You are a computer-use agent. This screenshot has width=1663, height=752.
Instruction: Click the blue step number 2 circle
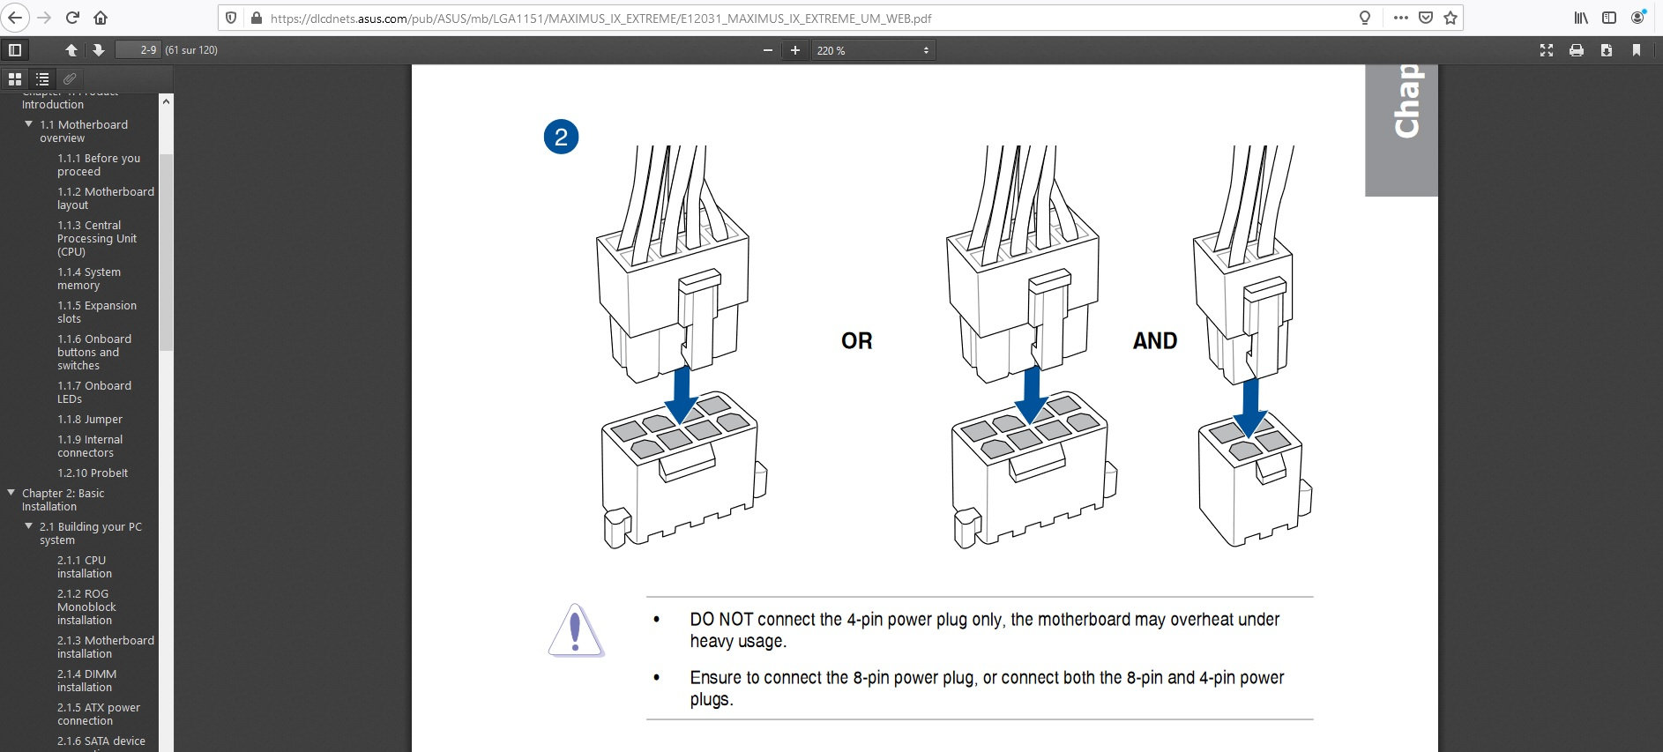(x=561, y=137)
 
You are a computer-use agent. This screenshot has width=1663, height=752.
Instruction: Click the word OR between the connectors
(x=856, y=341)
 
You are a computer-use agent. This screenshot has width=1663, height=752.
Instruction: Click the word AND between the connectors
(x=1155, y=341)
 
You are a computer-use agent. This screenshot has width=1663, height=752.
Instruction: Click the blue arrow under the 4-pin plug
(x=1249, y=408)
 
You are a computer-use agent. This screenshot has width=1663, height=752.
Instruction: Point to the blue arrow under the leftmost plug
(x=682, y=396)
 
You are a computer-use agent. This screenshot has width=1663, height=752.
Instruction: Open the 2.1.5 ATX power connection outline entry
(x=99, y=714)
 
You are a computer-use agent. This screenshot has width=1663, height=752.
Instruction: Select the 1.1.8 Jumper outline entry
(x=90, y=420)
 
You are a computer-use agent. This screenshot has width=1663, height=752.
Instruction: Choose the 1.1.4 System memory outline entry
(x=89, y=279)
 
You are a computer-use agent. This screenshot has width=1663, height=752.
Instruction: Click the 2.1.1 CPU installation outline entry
(x=85, y=567)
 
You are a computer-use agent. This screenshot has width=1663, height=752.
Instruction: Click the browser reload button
(x=72, y=18)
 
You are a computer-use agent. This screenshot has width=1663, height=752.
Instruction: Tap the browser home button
(x=101, y=18)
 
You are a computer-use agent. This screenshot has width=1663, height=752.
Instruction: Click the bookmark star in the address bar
(x=1450, y=18)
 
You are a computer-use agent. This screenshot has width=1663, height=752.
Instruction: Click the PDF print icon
(x=1577, y=50)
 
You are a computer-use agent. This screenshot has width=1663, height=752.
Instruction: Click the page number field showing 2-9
(x=138, y=50)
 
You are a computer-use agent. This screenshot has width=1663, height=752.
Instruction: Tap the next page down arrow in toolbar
(x=99, y=50)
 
